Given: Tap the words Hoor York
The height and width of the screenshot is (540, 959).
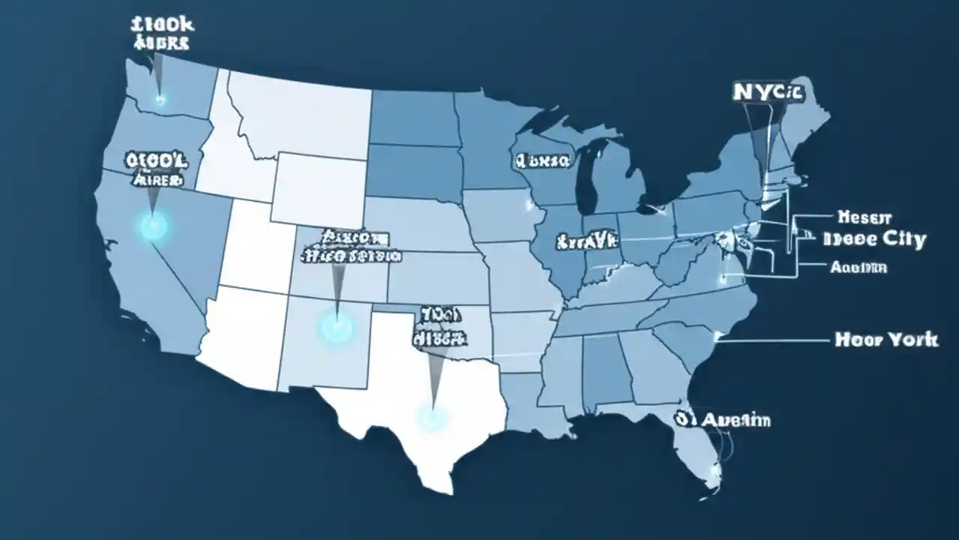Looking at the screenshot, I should tap(886, 340).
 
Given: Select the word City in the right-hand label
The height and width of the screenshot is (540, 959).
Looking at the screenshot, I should tap(899, 240).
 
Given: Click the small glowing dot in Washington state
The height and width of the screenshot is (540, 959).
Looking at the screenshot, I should tap(160, 98).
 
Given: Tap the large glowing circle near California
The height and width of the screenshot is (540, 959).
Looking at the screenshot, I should tap(153, 224).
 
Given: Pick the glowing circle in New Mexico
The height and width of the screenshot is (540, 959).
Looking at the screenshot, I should tap(336, 326).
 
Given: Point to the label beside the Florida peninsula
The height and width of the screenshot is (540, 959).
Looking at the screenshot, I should tap(722, 419).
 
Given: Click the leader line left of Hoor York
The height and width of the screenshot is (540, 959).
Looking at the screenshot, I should tap(772, 340).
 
